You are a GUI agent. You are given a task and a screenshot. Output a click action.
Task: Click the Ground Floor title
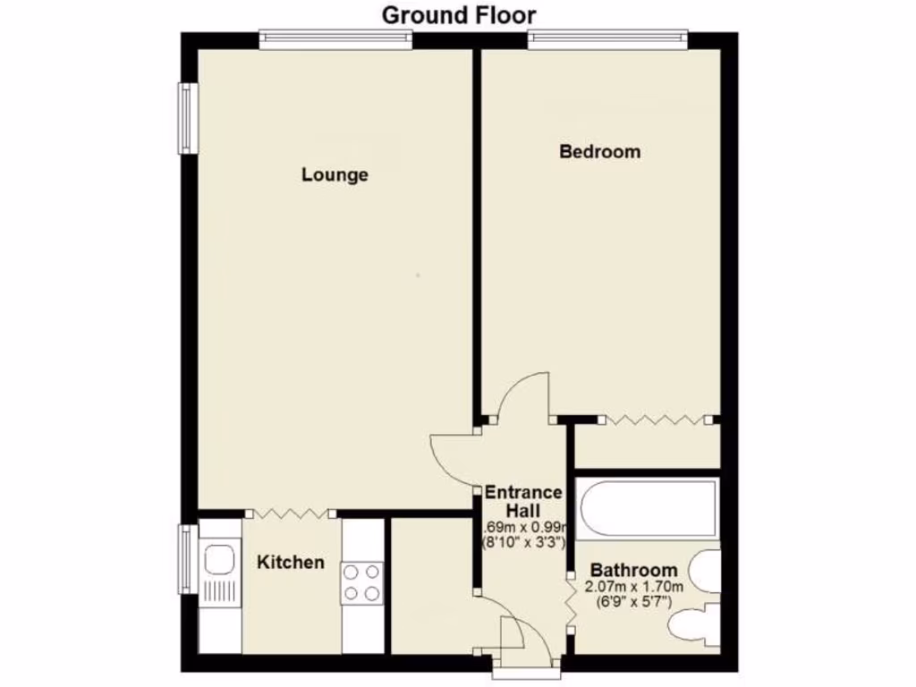coord(459,15)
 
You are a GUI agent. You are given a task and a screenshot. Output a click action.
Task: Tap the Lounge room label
coord(335,174)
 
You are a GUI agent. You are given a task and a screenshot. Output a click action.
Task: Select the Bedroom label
coord(599,151)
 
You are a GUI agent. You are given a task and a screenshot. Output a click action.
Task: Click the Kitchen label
coord(291,563)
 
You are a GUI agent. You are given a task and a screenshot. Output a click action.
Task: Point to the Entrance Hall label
coord(523,501)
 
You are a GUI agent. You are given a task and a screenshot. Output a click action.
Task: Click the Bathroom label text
coord(633,570)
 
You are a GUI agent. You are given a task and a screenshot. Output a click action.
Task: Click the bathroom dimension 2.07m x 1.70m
coord(633,587)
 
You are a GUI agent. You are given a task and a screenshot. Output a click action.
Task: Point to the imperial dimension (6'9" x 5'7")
coord(633,602)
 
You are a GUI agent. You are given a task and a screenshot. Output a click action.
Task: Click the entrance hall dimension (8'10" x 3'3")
coord(523,542)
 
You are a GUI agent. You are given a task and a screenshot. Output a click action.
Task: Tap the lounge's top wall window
coord(335,38)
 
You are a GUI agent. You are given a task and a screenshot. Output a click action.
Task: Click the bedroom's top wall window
coord(607,38)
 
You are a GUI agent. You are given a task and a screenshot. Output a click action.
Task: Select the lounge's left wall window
coord(187,118)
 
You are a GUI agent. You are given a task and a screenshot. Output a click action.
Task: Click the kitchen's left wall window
coord(187,560)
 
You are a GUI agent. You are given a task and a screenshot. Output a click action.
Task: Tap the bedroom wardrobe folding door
coord(654,419)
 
